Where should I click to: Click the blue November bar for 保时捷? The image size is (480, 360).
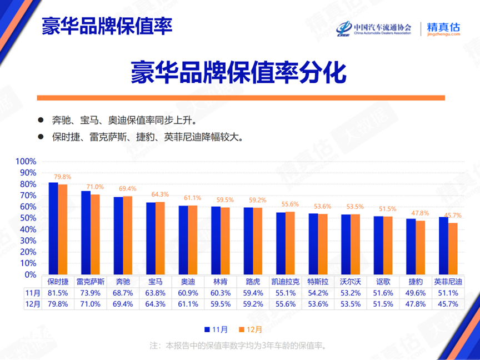tap(53, 228)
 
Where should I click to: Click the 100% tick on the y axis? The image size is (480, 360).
tap(26, 162)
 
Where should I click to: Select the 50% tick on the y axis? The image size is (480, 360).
tap(27, 218)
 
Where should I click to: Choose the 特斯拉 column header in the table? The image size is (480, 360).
tap(317, 281)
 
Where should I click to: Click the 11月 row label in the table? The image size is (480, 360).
tap(33, 293)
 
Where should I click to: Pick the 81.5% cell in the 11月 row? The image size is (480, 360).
tap(58, 293)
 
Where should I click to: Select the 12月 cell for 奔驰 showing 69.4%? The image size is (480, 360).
tap(123, 304)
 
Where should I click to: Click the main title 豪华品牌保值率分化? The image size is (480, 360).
tap(239, 72)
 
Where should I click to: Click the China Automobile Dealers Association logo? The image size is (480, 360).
tap(374, 29)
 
